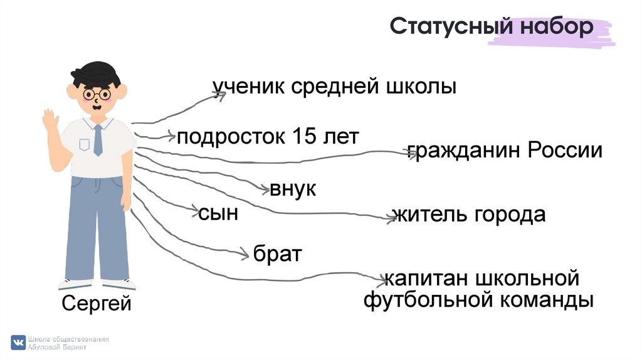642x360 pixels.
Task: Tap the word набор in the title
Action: pyautogui.click(x=555, y=28)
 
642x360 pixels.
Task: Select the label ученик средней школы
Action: pyautogui.click(x=334, y=88)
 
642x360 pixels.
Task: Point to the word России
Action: pyautogui.click(x=564, y=151)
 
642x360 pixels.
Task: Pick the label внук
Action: pyautogui.click(x=293, y=189)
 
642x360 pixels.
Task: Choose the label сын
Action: pyautogui.click(x=218, y=213)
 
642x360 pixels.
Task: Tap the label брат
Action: pyautogui.click(x=278, y=254)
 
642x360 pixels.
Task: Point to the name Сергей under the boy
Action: pyautogui.click(x=97, y=305)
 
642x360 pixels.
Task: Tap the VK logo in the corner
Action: pyautogui.click(x=19, y=342)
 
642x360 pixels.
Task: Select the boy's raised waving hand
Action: pyautogui.click(x=50, y=123)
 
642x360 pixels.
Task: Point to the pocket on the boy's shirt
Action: pyautogui.click(x=84, y=145)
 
